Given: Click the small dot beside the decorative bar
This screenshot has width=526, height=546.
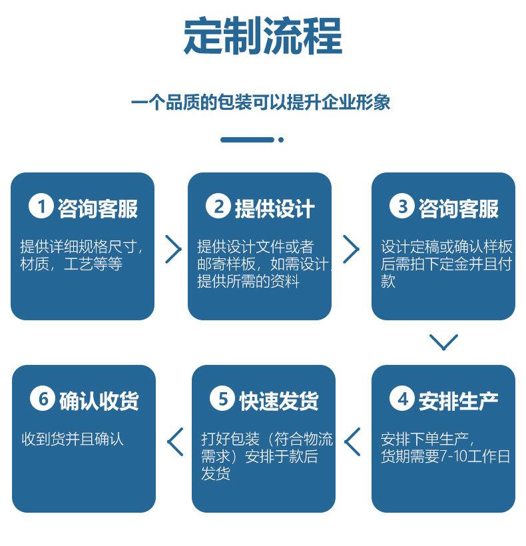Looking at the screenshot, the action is (281, 140).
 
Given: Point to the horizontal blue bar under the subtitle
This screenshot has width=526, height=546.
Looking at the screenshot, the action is (247, 140).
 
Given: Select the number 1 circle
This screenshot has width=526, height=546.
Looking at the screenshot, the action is (41, 207).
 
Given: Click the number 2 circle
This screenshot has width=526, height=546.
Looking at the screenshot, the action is (218, 207).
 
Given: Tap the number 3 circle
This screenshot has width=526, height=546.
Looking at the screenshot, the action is (402, 207).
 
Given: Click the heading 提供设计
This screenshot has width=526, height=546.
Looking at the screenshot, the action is (274, 208).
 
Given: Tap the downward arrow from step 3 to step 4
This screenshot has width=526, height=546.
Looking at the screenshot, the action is (443, 342).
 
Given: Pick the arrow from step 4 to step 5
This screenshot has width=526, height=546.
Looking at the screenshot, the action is (353, 441).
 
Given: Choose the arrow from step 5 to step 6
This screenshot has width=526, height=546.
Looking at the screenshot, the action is (175, 441).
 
